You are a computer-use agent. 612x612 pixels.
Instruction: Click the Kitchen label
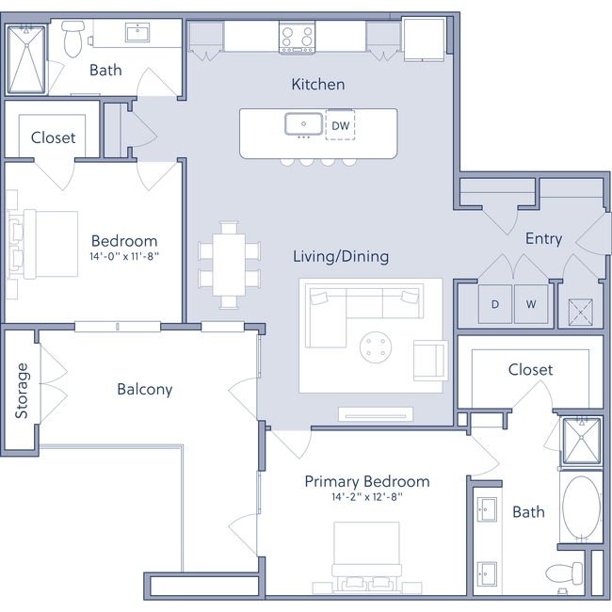(x=317, y=85)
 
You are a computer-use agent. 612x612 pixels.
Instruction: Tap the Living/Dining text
(x=341, y=256)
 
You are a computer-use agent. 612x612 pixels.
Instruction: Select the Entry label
(x=543, y=239)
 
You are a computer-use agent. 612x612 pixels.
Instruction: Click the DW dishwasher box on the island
(x=340, y=125)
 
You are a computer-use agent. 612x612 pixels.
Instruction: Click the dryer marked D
(x=495, y=304)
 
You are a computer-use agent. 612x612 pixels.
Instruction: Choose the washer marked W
(x=530, y=304)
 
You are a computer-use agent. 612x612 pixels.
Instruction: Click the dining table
(x=229, y=265)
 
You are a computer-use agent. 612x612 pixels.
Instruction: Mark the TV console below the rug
(x=376, y=413)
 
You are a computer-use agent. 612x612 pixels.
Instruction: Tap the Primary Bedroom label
(x=367, y=482)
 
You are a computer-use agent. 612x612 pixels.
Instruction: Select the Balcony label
(x=145, y=389)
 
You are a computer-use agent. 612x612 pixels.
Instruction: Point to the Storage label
(x=21, y=389)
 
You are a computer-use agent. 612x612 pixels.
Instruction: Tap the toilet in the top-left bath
(x=71, y=40)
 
